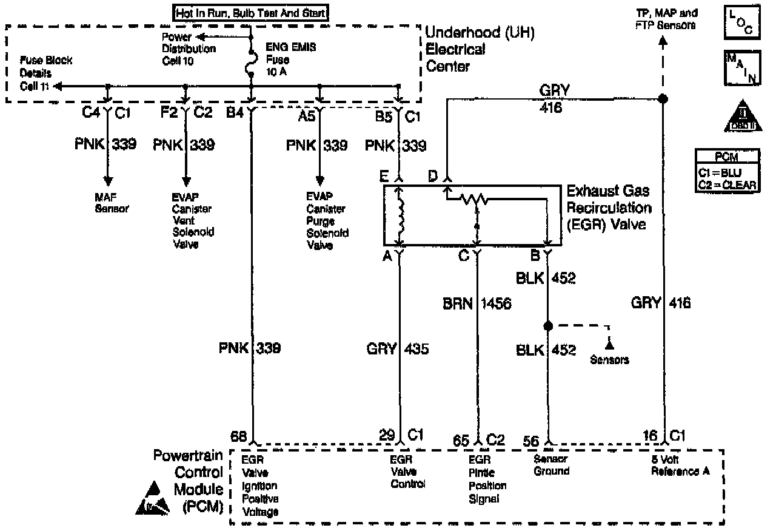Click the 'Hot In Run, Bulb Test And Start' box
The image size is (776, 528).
click(x=251, y=12)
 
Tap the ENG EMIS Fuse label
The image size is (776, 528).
click(x=283, y=59)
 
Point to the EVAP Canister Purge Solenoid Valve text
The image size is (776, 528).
click(x=327, y=221)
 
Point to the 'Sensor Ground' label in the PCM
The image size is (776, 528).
click(x=551, y=465)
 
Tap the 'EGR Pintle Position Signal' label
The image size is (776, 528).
click(x=487, y=479)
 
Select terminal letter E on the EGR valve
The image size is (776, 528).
click(x=384, y=177)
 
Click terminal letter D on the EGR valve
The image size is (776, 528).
click(x=433, y=177)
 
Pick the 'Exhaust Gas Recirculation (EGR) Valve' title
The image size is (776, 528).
click(x=608, y=208)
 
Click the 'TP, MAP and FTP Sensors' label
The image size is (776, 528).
click(x=666, y=19)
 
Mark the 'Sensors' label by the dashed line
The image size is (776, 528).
click(x=610, y=360)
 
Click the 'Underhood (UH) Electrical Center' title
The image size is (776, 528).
click(x=480, y=49)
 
